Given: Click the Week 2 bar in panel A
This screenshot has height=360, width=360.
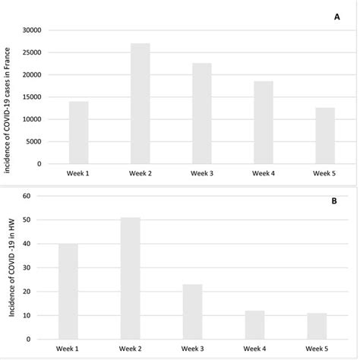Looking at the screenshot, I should tap(140, 103).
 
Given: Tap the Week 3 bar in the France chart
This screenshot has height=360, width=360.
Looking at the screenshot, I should tap(201, 113).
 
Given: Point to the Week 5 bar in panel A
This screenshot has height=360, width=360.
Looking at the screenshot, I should tap(325, 136).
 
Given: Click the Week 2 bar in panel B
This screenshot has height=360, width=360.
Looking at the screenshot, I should tap(131, 279).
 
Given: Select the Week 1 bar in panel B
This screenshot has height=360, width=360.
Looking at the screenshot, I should tap(68, 292).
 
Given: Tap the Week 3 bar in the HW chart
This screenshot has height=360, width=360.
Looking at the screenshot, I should tap(192, 312).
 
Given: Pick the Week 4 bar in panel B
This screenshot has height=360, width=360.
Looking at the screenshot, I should tap(254, 325).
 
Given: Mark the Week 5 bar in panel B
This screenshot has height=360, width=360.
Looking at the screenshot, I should tap(317, 327).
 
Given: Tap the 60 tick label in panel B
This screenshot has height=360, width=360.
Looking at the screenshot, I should tap(26, 196).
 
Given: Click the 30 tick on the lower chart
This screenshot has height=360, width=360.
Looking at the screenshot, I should tap(26, 267).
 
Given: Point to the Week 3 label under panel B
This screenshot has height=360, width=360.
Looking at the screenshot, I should tap(192, 350).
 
